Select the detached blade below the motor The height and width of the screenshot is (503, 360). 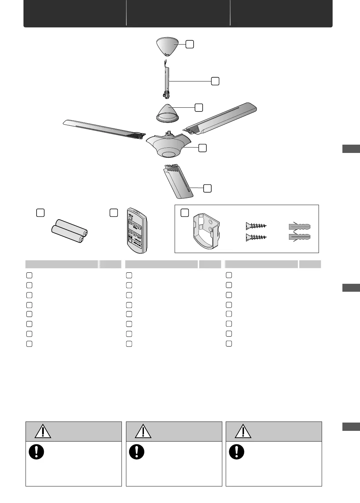pyautogui.click(x=178, y=181)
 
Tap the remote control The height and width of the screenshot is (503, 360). pyautogui.click(x=136, y=231)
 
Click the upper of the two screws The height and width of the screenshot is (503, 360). pyautogui.click(x=256, y=226)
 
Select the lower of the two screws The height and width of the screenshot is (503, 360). pyautogui.click(x=256, y=238)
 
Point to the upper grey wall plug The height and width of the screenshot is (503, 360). pyautogui.click(x=299, y=226)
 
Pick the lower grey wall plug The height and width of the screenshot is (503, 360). pyautogui.click(x=299, y=238)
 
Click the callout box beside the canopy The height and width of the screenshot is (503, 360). pyautogui.click(x=189, y=44)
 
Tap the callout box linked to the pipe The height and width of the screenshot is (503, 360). pyautogui.click(x=215, y=81)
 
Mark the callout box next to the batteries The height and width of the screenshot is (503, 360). pyautogui.click(x=40, y=213)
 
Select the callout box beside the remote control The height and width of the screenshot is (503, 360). pyautogui.click(x=114, y=213)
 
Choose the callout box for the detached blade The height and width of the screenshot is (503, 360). pyautogui.click(x=207, y=188)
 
